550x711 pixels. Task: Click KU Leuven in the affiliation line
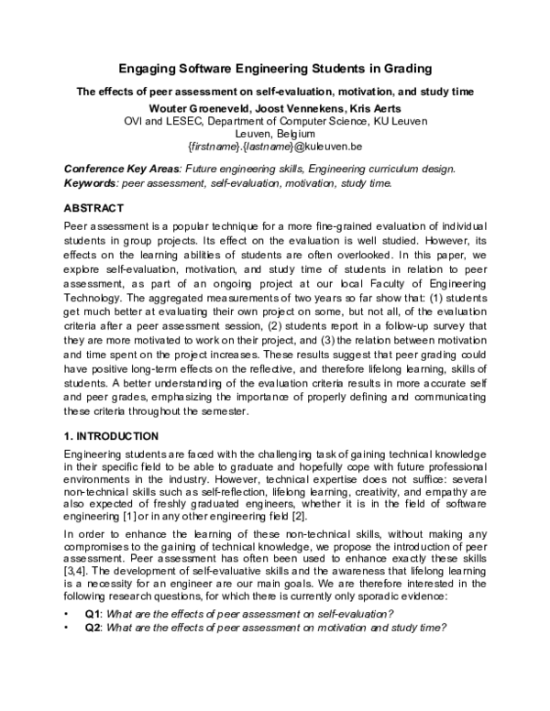(x=402, y=120)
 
